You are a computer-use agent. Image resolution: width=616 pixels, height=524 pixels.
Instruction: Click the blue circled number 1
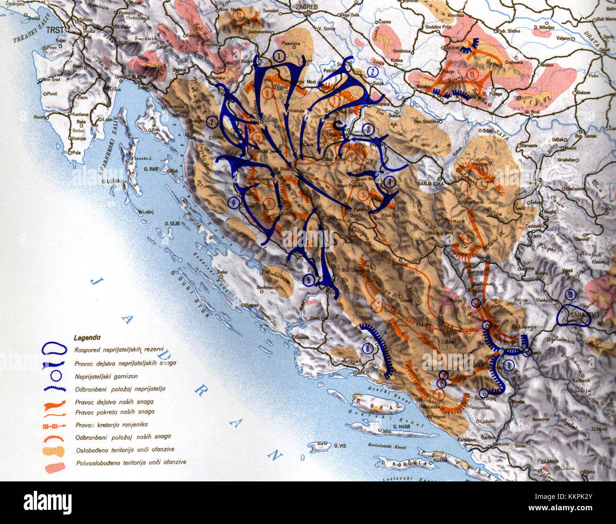click(x=280, y=56)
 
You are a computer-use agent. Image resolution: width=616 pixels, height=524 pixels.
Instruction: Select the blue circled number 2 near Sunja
click(x=373, y=72)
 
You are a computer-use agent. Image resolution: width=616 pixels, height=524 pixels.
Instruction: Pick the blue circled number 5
click(x=309, y=280)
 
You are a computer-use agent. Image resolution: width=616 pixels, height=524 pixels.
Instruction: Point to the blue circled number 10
click(x=571, y=294)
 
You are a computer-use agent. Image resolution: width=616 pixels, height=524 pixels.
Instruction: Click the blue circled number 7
click(x=212, y=123)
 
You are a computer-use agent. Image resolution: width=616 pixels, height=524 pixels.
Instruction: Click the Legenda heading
click(x=87, y=338)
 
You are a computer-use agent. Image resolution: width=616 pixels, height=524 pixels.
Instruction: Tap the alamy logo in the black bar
click(x=47, y=502)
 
